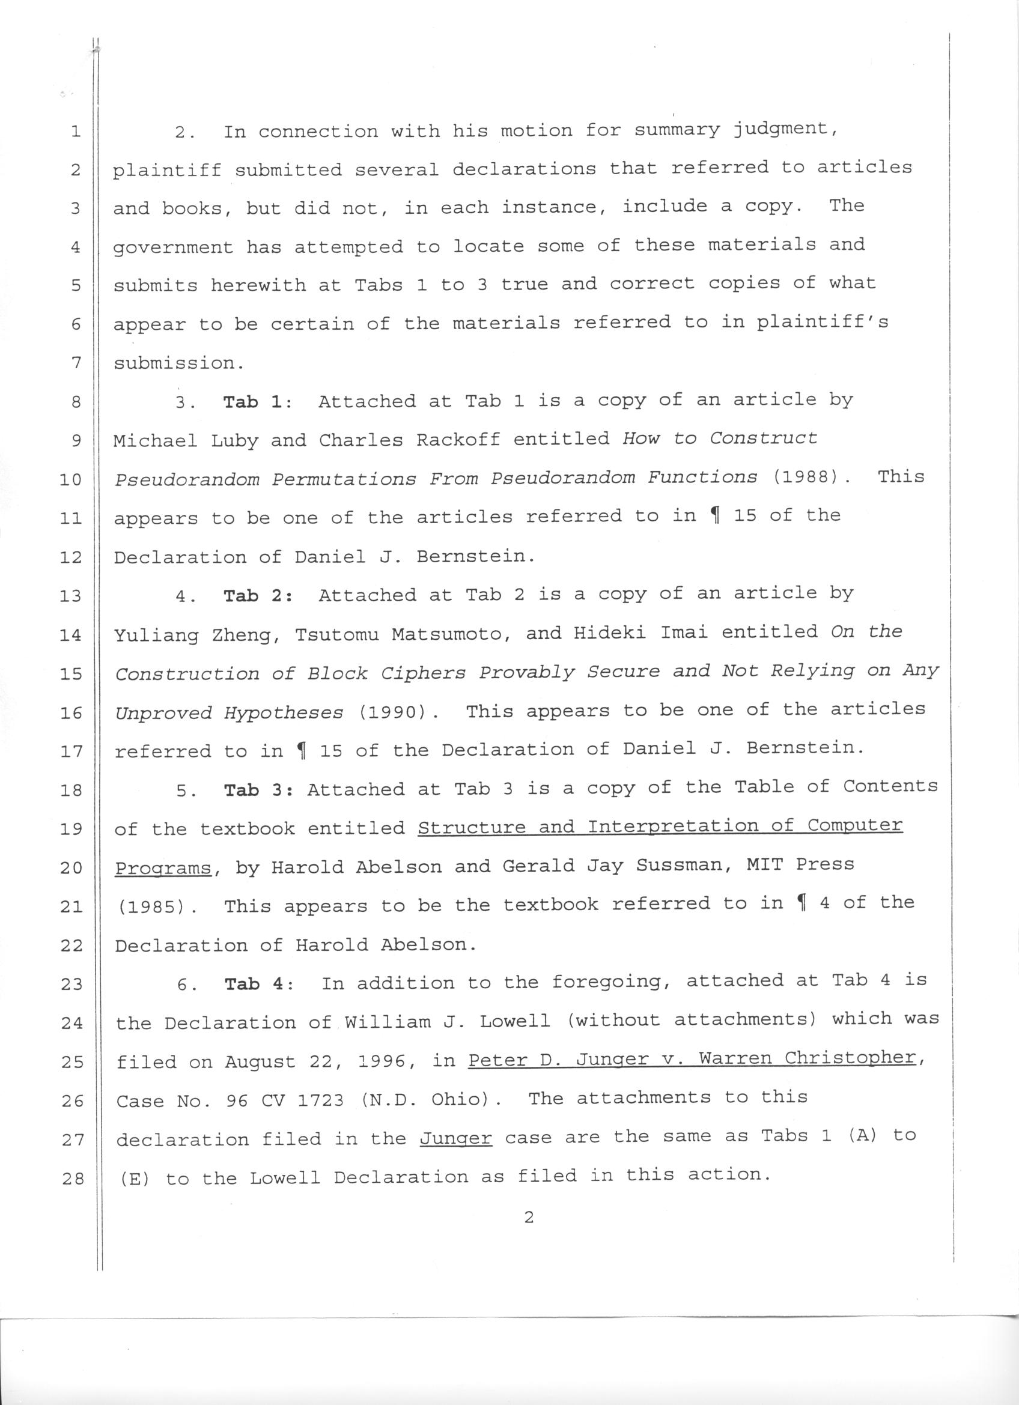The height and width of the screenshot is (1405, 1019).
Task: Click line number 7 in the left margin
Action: tap(76, 362)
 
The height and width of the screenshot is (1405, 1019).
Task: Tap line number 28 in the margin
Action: tap(73, 1178)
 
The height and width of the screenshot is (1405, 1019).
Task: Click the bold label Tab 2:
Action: tap(258, 595)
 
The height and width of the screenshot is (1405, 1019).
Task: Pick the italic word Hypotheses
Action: tap(283, 712)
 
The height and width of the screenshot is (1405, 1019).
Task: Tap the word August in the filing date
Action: tap(260, 1062)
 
